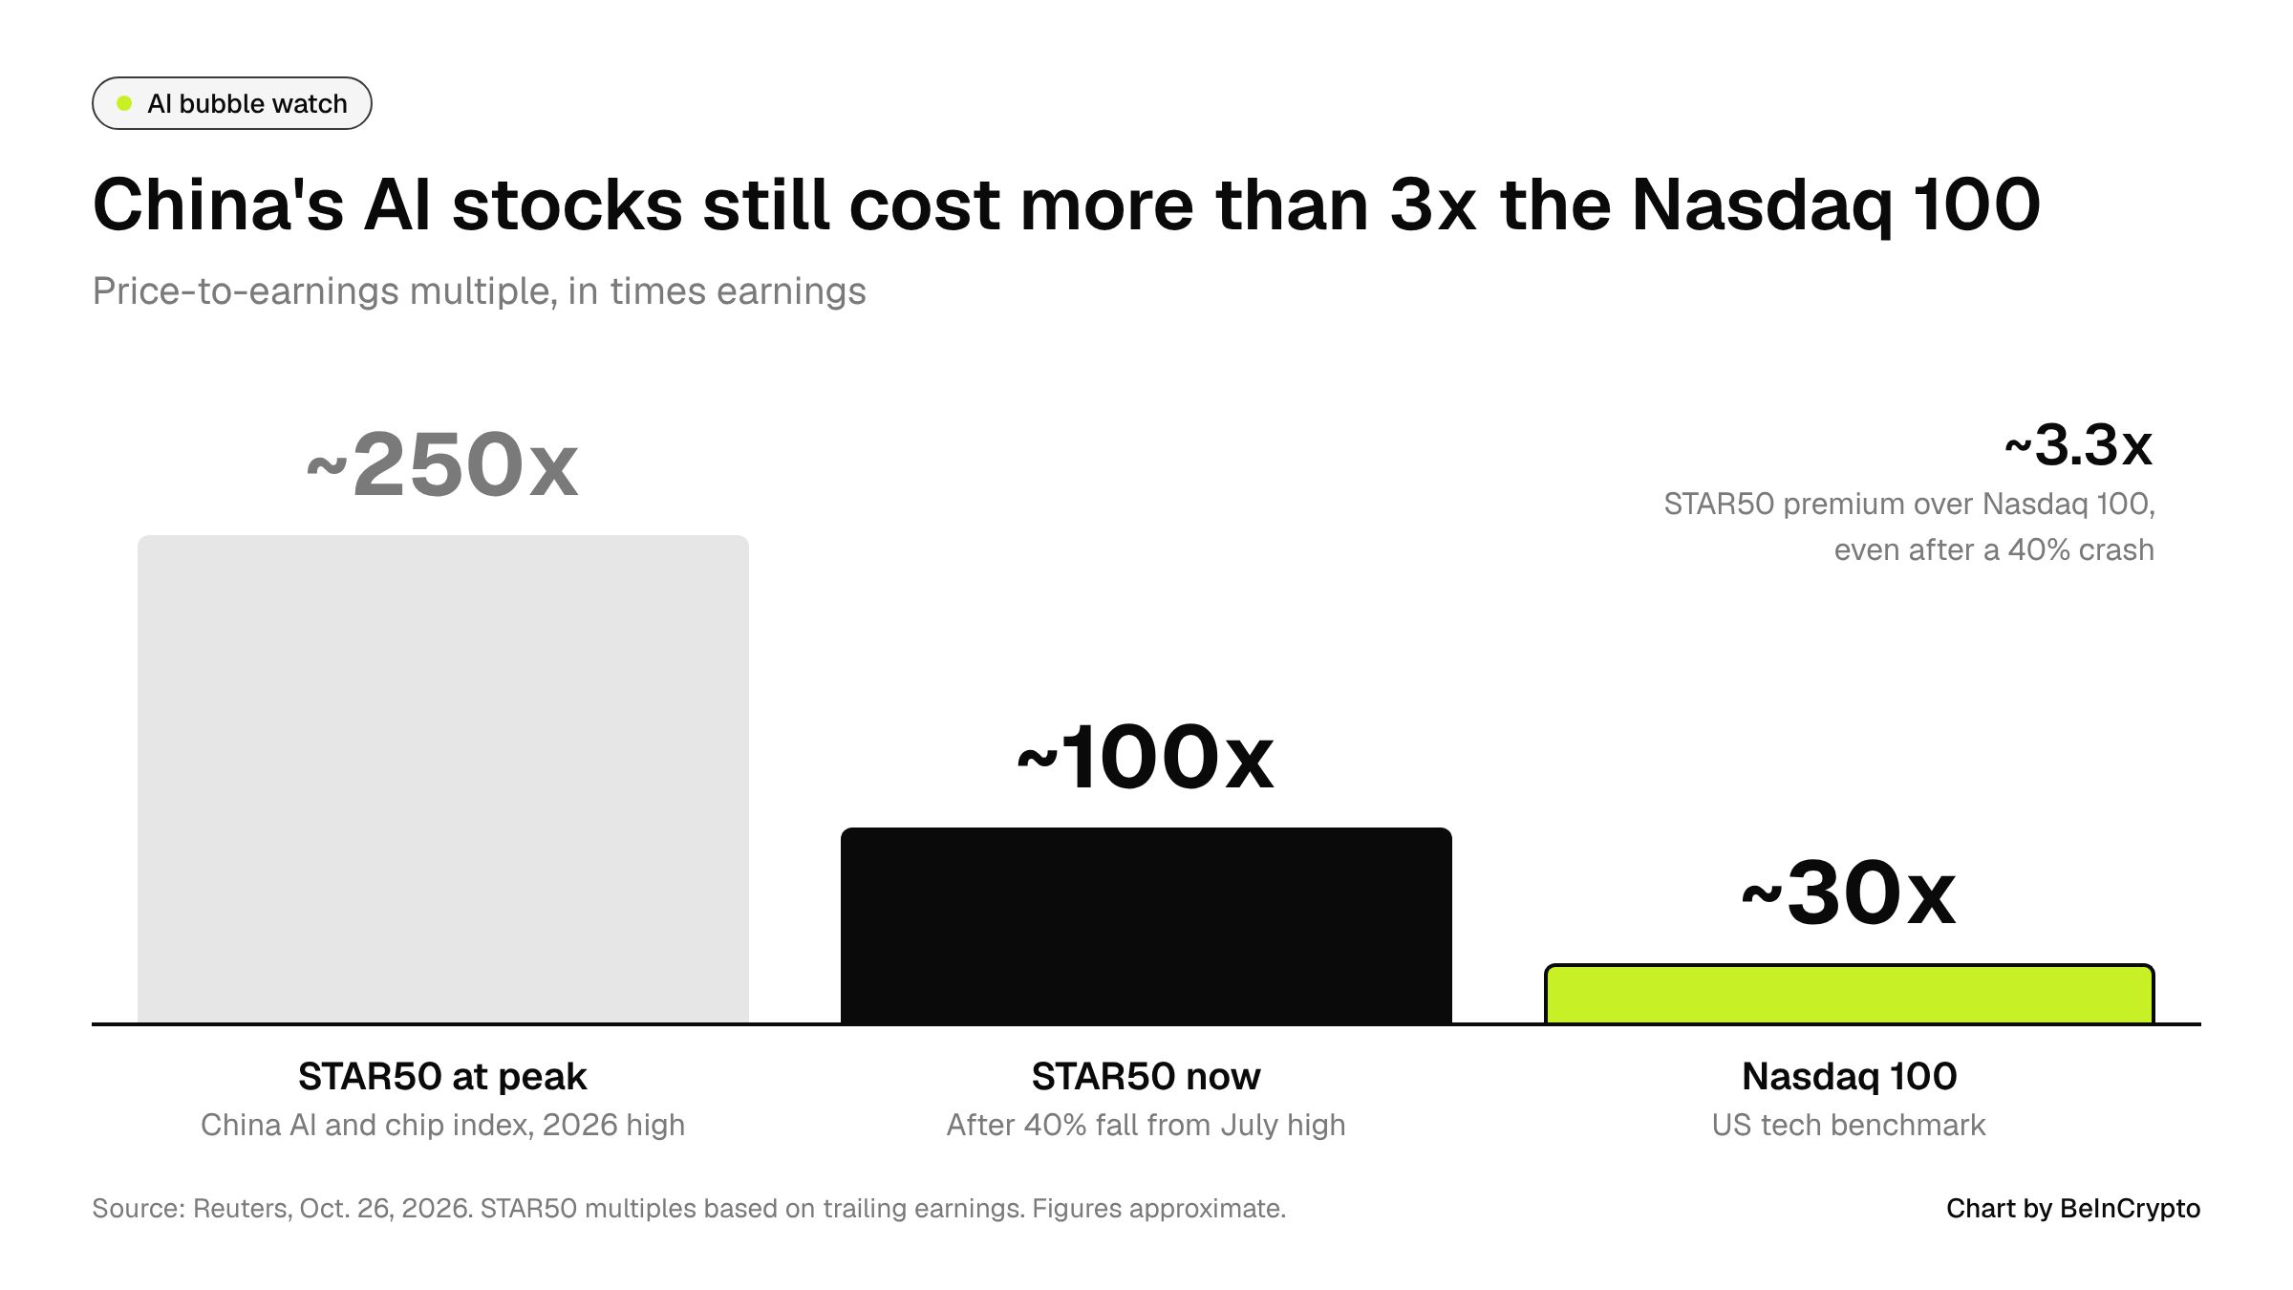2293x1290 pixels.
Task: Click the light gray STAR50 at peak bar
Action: (x=443, y=779)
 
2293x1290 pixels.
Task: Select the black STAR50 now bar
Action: (x=1146, y=925)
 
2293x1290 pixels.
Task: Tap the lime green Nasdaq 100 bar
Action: (x=1850, y=994)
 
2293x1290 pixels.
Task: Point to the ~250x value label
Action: (x=442, y=465)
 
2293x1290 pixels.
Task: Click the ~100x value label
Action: (x=1146, y=758)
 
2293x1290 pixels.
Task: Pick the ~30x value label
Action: (x=1849, y=893)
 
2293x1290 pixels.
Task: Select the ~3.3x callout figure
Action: (x=2079, y=445)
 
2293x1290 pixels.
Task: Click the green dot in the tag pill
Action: (x=124, y=103)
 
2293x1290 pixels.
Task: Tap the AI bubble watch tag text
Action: (x=247, y=103)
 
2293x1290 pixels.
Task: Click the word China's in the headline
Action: (x=218, y=205)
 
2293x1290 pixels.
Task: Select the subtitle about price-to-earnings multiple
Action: (x=479, y=290)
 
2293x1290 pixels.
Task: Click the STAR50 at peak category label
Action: (x=442, y=1077)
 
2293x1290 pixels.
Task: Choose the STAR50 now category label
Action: (x=1146, y=1077)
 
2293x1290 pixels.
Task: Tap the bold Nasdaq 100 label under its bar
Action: (x=1850, y=1077)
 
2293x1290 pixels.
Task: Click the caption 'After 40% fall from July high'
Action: (x=1146, y=1126)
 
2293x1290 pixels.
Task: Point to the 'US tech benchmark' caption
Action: (x=1849, y=1126)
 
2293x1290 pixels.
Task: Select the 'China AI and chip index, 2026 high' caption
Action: (x=442, y=1126)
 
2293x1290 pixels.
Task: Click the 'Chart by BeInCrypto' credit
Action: (x=2073, y=1209)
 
